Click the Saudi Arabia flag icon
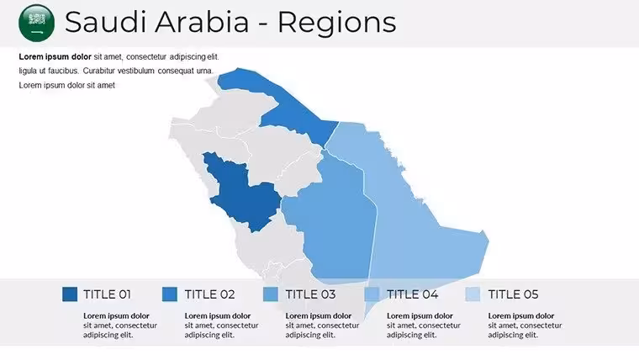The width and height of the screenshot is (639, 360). click(x=37, y=23)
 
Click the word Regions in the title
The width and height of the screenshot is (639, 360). click(x=336, y=23)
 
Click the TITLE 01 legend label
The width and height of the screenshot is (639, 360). click(x=107, y=294)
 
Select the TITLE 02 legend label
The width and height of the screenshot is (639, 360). click(x=209, y=294)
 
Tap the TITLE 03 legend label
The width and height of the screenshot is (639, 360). click(x=310, y=294)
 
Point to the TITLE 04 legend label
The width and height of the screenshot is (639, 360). click(x=413, y=294)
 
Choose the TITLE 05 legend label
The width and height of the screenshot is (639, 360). click(x=513, y=294)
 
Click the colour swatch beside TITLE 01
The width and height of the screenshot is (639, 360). click(x=70, y=294)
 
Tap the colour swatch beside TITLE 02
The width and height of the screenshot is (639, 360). click(x=170, y=294)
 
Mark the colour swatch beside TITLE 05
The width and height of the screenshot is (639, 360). click(x=473, y=294)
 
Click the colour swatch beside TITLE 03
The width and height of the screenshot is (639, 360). click(x=271, y=294)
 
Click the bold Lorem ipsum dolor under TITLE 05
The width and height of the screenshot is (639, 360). click(x=521, y=316)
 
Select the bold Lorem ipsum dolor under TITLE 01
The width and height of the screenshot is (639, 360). click(x=117, y=316)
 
